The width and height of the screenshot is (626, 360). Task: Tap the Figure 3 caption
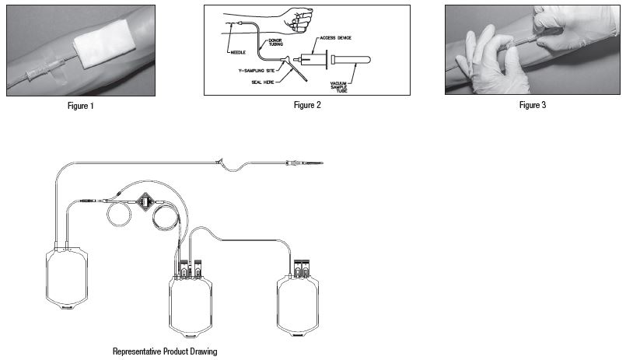(x=533, y=105)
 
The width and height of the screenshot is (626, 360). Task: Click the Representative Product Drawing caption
(x=165, y=351)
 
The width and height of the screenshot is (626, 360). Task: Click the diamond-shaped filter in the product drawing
(x=145, y=201)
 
